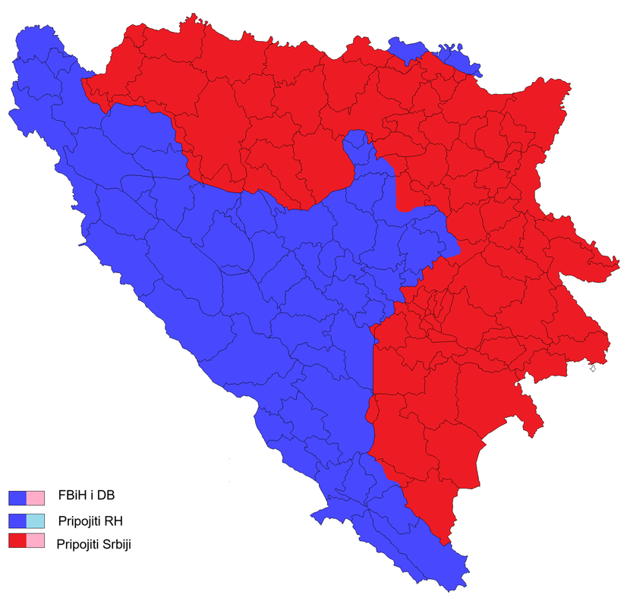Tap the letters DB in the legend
click(x=106, y=497)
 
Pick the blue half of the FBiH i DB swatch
click(x=17, y=498)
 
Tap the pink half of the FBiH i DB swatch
click(x=36, y=498)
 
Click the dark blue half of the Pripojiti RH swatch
click(x=17, y=521)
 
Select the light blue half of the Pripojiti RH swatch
click(x=36, y=521)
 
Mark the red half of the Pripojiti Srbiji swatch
click(x=17, y=541)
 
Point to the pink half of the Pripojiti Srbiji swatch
click(x=36, y=541)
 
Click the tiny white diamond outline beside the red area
click(x=592, y=369)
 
